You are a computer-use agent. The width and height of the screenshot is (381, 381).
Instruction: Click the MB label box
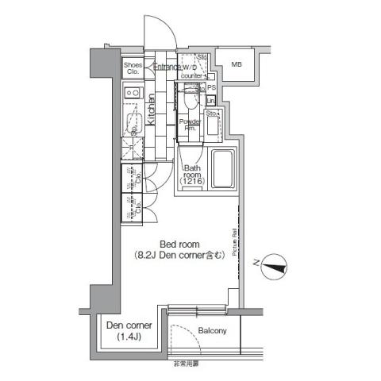[x=237, y=64]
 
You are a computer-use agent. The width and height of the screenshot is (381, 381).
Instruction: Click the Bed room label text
[x=179, y=244]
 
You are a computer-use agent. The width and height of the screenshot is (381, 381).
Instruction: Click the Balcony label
[x=213, y=329]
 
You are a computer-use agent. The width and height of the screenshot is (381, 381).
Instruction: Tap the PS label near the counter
[x=211, y=87]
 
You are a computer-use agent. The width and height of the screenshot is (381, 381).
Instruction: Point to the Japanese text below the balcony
[x=187, y=362]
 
